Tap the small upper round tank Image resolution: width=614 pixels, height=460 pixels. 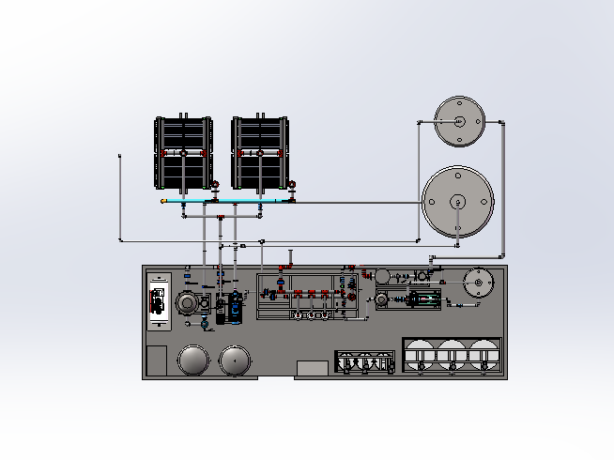[x=459, y=121]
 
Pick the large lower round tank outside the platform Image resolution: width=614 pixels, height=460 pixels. [x=457, y=201]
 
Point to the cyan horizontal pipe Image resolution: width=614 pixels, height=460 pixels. [x=225, y=201]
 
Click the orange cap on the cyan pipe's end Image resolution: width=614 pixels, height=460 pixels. [x=164, y=201]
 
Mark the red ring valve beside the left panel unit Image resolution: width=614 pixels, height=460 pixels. [x=215, y=184]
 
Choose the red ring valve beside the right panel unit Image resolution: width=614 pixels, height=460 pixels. [x=292, y=184]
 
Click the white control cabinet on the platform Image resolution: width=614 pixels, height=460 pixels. [x=159, y=300]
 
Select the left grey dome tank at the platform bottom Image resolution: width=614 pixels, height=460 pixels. [x=193, y=359]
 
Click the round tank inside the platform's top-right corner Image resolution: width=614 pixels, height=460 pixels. [x=479, y=283]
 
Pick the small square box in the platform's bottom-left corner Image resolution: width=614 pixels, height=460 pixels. [x=157, y=360]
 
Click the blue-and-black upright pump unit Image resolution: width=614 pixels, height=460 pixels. [x=229, y=306]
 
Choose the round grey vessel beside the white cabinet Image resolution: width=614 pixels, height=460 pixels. [x=187, y=303]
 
